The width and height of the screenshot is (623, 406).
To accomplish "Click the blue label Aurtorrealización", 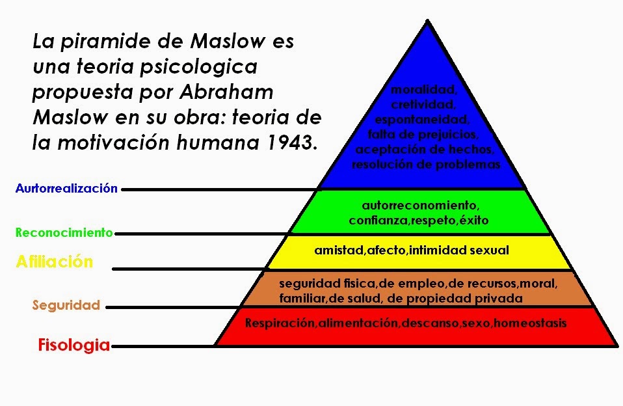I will point(66,189).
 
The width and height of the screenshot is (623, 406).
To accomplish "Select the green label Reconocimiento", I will point(64,232).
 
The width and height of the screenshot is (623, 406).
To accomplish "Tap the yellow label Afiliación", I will point(55,262).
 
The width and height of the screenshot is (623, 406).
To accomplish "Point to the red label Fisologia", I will point(73,345).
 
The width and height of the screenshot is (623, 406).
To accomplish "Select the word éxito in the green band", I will point(473,221).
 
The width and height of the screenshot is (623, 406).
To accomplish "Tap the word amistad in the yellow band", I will point(336,250).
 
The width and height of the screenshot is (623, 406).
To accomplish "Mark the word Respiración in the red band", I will point(280,323).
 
